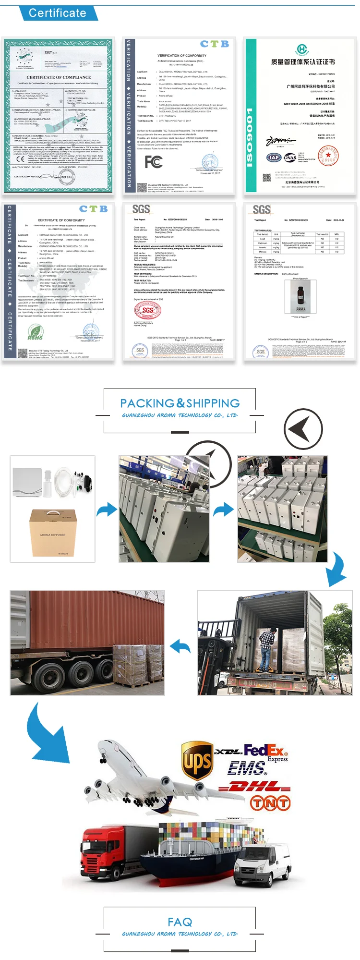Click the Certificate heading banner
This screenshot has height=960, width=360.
(58, 13)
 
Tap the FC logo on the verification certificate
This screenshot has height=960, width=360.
(154, 162)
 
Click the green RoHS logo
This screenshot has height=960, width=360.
(35, 332)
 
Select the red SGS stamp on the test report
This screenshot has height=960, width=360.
(148, 311)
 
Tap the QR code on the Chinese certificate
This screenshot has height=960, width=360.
(267, 177)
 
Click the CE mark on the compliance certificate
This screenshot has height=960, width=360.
(20, 159)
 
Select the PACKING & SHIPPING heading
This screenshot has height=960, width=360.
(180, 403)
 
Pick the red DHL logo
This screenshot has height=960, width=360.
(254, 787)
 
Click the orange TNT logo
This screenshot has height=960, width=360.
(270, 802)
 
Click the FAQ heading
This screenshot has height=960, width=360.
(180, 922)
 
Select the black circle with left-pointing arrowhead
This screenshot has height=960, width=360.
(303, 428)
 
